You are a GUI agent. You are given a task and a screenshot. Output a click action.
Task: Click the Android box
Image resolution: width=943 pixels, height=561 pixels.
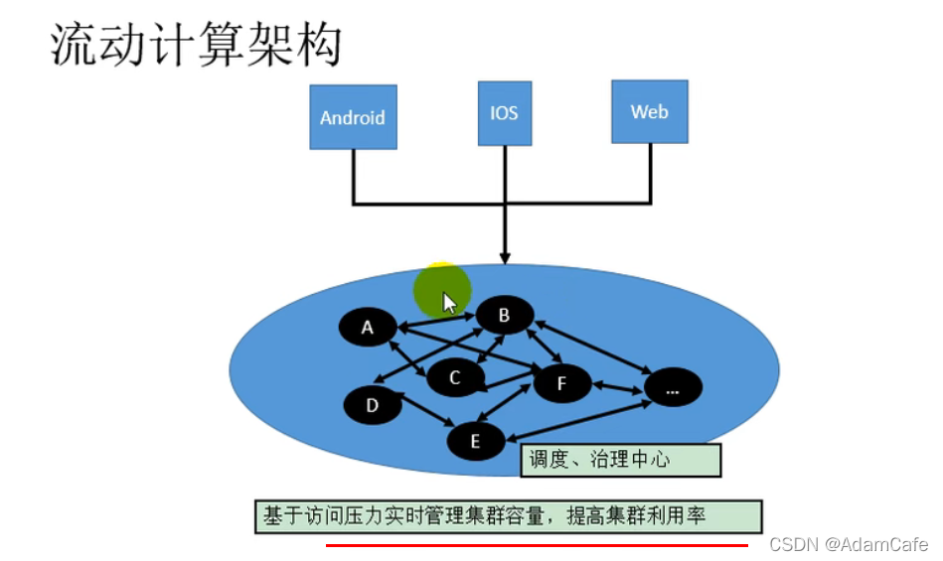(353, 116)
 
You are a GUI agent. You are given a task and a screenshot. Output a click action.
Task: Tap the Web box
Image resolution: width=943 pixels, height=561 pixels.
(649, 111)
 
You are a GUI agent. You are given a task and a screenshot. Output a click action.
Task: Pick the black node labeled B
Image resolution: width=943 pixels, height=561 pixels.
(504, 316)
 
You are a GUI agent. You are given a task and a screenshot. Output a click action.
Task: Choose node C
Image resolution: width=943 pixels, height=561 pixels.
(455, 377)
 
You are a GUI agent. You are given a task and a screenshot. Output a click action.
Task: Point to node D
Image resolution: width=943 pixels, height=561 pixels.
(373, 405)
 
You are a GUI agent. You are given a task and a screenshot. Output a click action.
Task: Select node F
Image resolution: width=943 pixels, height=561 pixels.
(561, 383)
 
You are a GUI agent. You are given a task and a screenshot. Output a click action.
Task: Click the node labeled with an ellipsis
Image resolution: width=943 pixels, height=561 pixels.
(673, 389)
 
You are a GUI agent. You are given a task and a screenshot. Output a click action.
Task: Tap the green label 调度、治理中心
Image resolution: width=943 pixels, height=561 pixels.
(619, 459)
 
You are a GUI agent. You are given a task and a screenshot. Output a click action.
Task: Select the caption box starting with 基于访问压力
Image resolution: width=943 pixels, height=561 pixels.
(508, 516)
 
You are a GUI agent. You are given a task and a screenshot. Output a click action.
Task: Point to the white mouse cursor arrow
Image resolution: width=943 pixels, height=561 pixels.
(449, 302)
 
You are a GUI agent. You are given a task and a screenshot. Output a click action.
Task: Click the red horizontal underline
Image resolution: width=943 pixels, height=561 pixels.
(537, 545)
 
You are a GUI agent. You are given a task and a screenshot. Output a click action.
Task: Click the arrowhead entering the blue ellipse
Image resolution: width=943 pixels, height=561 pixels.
(505, 257)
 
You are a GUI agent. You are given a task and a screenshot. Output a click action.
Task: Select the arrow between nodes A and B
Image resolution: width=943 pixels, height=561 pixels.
(436, 321)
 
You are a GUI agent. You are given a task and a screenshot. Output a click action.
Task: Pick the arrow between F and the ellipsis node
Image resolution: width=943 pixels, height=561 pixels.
(617, 386)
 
